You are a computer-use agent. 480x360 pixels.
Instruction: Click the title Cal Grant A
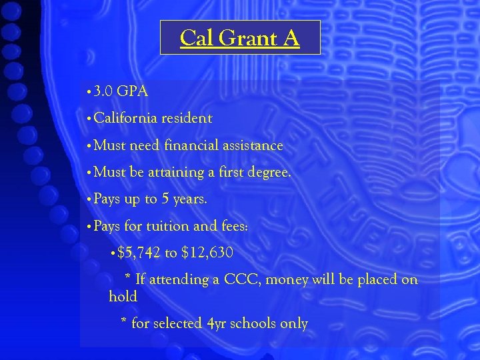pos(240,38)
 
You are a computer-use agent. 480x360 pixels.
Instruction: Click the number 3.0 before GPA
pos(103,91)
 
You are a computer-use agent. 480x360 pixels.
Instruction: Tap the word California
pos(125,119)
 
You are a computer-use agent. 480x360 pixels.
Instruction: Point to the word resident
pos(186,119)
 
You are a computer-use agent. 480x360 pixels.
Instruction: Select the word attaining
pos(176,173)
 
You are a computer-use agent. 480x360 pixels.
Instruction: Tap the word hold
pos(123,297)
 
